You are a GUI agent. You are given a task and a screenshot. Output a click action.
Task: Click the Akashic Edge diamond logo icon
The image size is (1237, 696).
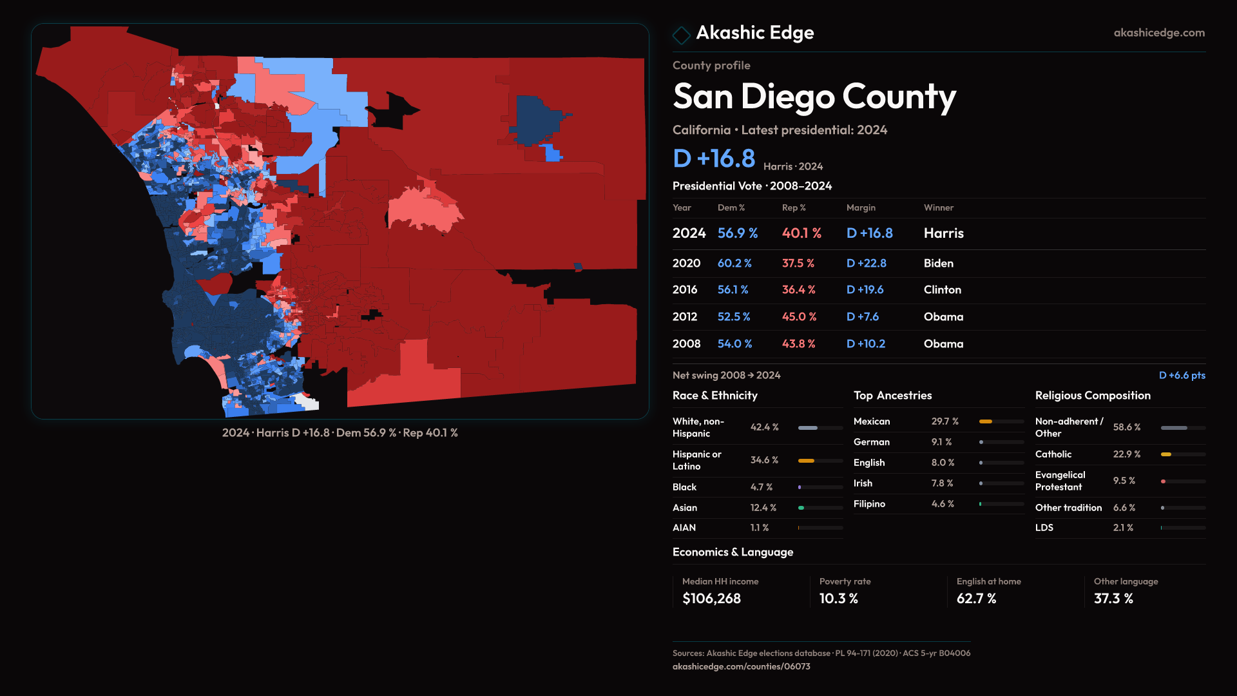[x=681, y=34]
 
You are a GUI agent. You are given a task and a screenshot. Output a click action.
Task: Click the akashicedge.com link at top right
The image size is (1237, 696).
[x=1158, y=33]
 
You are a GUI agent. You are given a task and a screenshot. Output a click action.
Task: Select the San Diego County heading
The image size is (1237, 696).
[x=814, y=97]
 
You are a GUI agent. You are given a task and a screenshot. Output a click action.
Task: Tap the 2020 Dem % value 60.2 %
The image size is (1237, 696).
[x=734, y=264]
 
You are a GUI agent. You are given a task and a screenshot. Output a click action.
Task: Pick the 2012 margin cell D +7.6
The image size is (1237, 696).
[x=862, y=317]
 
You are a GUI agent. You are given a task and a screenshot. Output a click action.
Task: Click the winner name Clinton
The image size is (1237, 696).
[x=942, y=290]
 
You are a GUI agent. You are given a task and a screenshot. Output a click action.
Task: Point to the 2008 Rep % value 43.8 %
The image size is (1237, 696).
[x=798, y=344]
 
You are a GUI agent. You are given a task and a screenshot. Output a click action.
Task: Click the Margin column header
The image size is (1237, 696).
[x=861, y=208]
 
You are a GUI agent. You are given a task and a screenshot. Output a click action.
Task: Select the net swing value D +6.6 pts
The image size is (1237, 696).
[x=1182, y=375]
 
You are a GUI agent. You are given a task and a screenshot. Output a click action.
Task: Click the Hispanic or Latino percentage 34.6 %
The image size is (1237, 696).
[x=764, y=460]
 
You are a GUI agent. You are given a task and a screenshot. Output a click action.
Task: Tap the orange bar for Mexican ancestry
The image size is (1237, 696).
[x=986, y=421]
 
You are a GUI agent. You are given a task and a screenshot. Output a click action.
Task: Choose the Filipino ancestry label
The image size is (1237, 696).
[x=869, y=504]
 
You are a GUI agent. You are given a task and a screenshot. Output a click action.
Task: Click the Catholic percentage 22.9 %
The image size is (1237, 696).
[x=1126, y=454]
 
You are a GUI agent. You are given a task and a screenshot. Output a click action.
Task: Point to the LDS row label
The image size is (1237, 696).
[x=1044, y=528]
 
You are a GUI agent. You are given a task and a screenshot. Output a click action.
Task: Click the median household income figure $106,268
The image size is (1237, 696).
[x=711, y=599]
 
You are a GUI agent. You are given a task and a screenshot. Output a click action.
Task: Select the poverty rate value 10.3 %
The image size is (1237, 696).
[x=838, y=599]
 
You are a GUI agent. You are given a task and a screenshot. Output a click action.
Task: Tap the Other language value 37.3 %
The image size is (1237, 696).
[x=1113, y=599]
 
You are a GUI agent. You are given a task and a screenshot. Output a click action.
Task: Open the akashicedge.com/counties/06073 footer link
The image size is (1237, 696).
[x=741, y=666]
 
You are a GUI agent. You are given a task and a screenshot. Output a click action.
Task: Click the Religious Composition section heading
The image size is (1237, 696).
[x=1092, y=396]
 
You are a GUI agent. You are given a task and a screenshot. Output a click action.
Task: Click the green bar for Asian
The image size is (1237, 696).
[x=801, y=508]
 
